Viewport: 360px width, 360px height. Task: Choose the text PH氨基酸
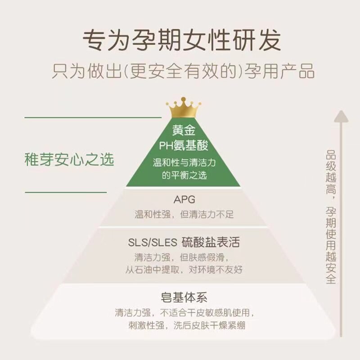(x=184, y=145)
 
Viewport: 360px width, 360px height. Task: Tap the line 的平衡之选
(x=184, y=175)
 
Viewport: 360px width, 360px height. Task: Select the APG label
(x=184, y=199)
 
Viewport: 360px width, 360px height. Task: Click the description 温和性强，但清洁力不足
(x=184, y=214)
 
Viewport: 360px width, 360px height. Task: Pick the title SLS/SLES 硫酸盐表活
(x=184, y=243)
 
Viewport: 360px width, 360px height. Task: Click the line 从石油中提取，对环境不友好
(x=184, y=270)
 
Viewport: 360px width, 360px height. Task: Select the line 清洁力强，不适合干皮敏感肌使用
(x=184, y=312)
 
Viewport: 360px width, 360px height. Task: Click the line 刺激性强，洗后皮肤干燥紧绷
(x=184, y=325)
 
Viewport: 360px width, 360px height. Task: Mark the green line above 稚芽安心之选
(x=92, y=117)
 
